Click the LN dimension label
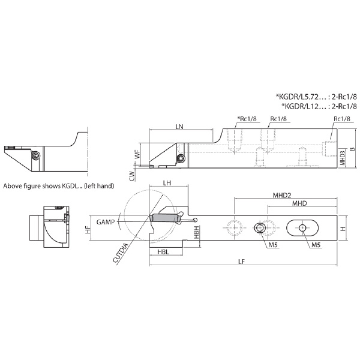click(x=179, y=127)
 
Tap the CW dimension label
click(x=132, y=176)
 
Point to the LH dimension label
click(x=167, y=183)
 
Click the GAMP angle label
click(x=106, y=222)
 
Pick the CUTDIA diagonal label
click(x=121, y=253)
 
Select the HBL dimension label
click(x=163, y=252)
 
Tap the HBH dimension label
click(x=196, y=232)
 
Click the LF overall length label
click(x=242, y=262)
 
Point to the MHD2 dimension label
click(x=282, y=196)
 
